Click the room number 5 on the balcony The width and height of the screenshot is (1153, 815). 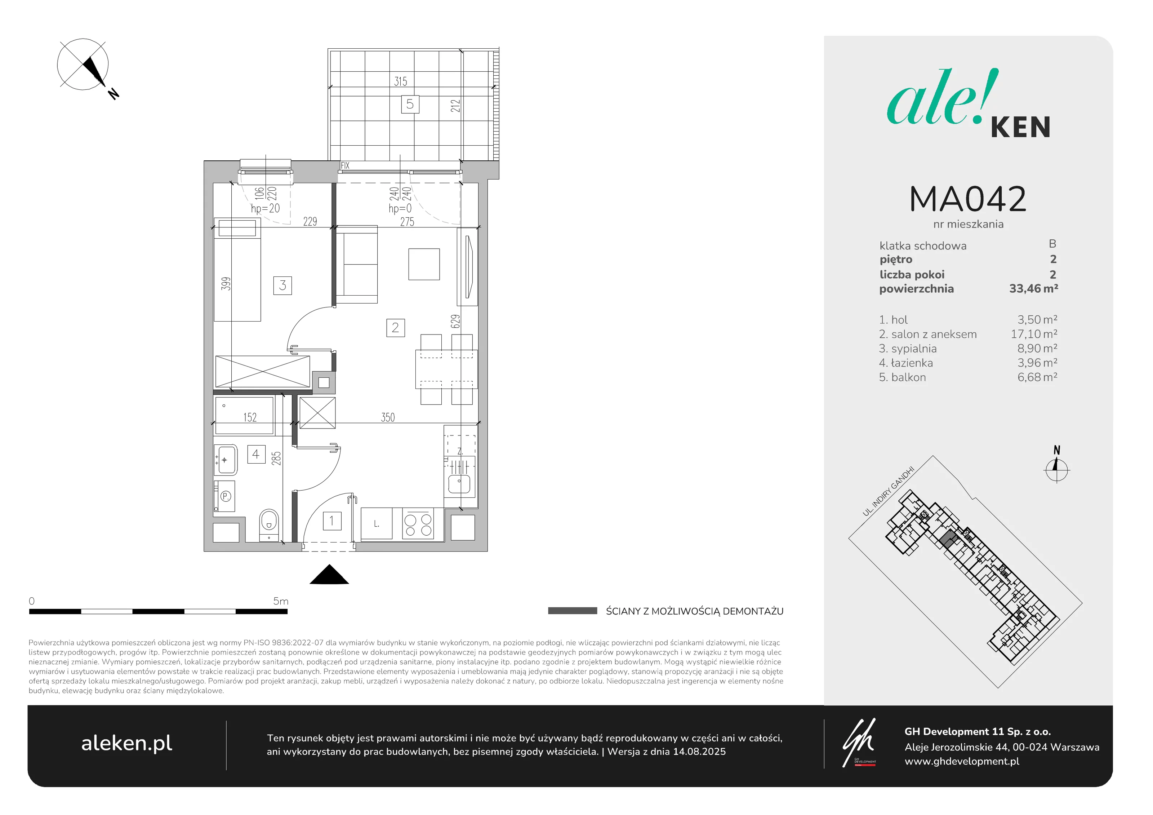tap(410, 104)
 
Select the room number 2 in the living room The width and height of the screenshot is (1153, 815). tap(395, 328)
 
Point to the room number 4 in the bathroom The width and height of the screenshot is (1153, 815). tap(256, 454)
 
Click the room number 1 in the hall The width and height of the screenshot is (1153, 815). tap(331, 521)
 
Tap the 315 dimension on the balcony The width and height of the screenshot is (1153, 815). tap(400, 81)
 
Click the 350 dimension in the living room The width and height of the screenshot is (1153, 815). tap(388, 417)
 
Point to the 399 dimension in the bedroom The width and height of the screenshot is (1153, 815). tap(226, 284)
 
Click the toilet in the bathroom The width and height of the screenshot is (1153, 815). tap(269, 526)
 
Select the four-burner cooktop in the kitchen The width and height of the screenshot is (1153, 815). tap(418, 524)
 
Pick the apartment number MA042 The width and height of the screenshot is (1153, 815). tap(968, 199)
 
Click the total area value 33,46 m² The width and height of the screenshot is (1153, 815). tap(1033, 288)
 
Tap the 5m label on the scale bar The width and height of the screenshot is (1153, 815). tap(281, 601)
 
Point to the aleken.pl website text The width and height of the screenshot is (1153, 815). tap(126, 744)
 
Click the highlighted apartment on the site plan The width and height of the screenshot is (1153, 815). tap(948, 539)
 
